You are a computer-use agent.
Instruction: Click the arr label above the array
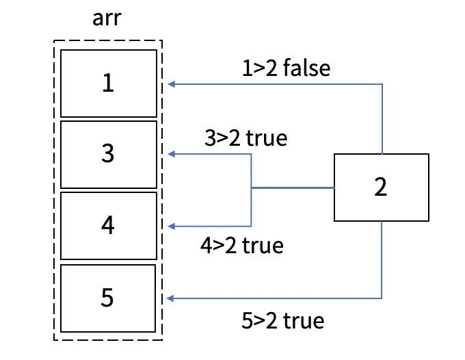coord(108,18)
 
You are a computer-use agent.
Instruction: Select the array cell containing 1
coord(108,83)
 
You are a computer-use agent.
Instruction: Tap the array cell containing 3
coord(108,154)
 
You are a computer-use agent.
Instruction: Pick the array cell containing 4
coord(108,226)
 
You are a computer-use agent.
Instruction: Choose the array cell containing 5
coord(108,298)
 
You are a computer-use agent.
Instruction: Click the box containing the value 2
coord(381,188)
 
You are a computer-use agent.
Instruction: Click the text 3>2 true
coord(245,138)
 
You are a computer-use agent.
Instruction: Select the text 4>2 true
coord(242,245)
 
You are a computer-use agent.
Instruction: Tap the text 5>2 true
coord(282,319)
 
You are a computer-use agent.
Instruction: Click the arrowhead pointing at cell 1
coord(171,84)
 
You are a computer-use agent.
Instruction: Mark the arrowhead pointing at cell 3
coord(171,155)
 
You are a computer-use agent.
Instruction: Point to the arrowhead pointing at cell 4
coord(171,227)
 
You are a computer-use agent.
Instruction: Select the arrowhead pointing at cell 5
coord(171,298)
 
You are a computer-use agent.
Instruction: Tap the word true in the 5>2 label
coord(304,319)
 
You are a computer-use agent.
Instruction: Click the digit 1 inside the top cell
coord(108,83)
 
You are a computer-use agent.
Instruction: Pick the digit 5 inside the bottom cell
coord(108,298)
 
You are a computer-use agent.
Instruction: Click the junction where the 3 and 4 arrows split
coord(252,188)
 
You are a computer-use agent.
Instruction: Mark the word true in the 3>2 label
coord(266,138)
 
